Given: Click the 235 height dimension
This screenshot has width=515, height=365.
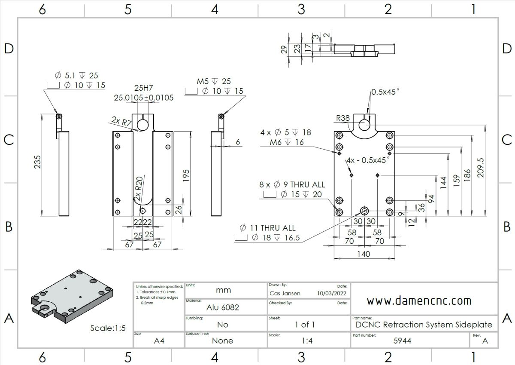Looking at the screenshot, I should [x=38, y=162].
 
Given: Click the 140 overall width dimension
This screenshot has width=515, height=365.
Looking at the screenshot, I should [x=364, y=254].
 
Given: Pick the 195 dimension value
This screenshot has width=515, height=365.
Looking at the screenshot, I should [x=186, y=175].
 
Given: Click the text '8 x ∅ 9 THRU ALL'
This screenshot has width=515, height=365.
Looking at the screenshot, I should [x=292, y=184].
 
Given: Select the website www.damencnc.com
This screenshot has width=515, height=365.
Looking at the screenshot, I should [x=418, y=301].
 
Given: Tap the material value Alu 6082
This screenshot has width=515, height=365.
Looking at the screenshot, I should [x=223, y=307].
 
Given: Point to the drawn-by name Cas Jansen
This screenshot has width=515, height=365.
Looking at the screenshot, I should [x=285, y=293].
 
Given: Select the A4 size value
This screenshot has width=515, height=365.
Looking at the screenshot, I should [x=158, y=341].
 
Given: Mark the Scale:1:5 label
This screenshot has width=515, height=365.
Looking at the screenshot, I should [x=108, y=328].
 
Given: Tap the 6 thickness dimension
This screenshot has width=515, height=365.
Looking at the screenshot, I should [x=238, y=142].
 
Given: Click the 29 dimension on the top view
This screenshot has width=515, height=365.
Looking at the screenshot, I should [x=284, y=49].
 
